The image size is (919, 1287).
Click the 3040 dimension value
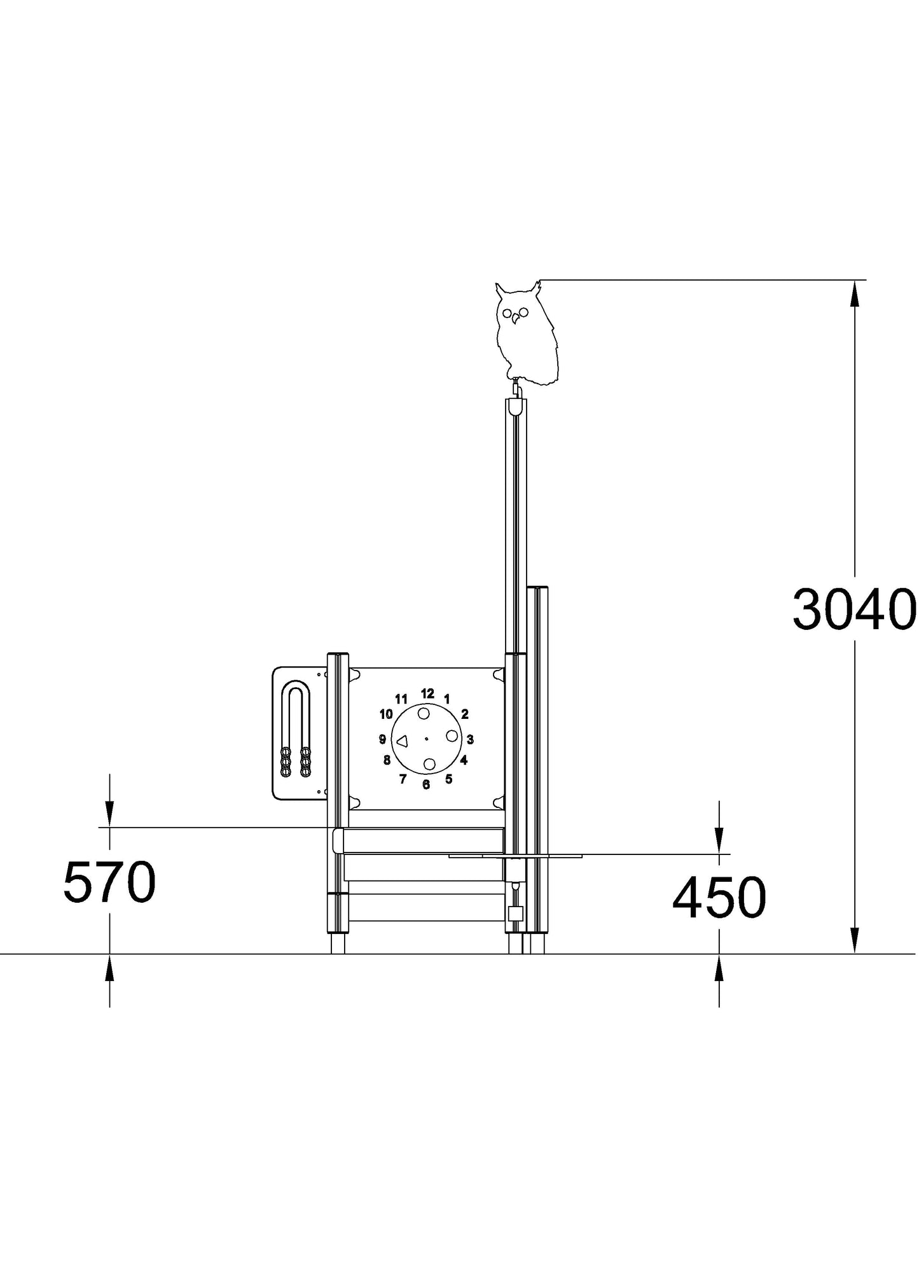pos(853,609)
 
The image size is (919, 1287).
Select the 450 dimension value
pos(719,898)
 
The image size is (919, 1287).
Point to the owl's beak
pos(515,320)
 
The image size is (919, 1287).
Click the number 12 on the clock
pos(427,693)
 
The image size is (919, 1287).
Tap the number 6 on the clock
pos(426,784)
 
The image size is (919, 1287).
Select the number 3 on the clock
pos(470,739)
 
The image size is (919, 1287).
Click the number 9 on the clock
pos(382,739)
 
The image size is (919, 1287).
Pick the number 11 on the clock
pos(401,699)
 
